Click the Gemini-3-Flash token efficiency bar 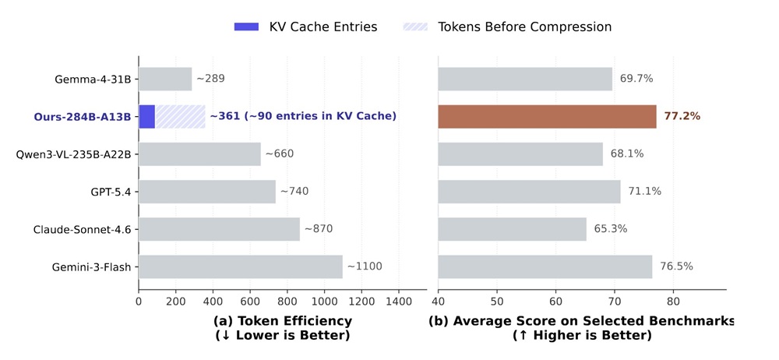click(x=240, y=266)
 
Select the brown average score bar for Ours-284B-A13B click(x=547, y=116)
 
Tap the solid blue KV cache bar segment click(x=146, y=116)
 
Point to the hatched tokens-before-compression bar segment click(x=180, y=116)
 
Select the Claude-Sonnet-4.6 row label click(x=83, y=229)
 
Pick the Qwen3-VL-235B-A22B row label click(x=74, y=154)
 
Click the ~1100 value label click(x=364, y=266)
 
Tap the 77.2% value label click(x=682, y=116)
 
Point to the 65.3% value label click(x=611, y=229)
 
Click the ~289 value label click(x=210, y=79)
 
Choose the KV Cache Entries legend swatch click(x=245, y=26)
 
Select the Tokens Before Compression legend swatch click(x=415, y=26)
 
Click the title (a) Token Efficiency click(x=282, y=320)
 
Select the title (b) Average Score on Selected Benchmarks click(x=581, y=320)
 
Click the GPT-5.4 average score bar click(x=529, y=192)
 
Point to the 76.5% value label click(x=676, y=266)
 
